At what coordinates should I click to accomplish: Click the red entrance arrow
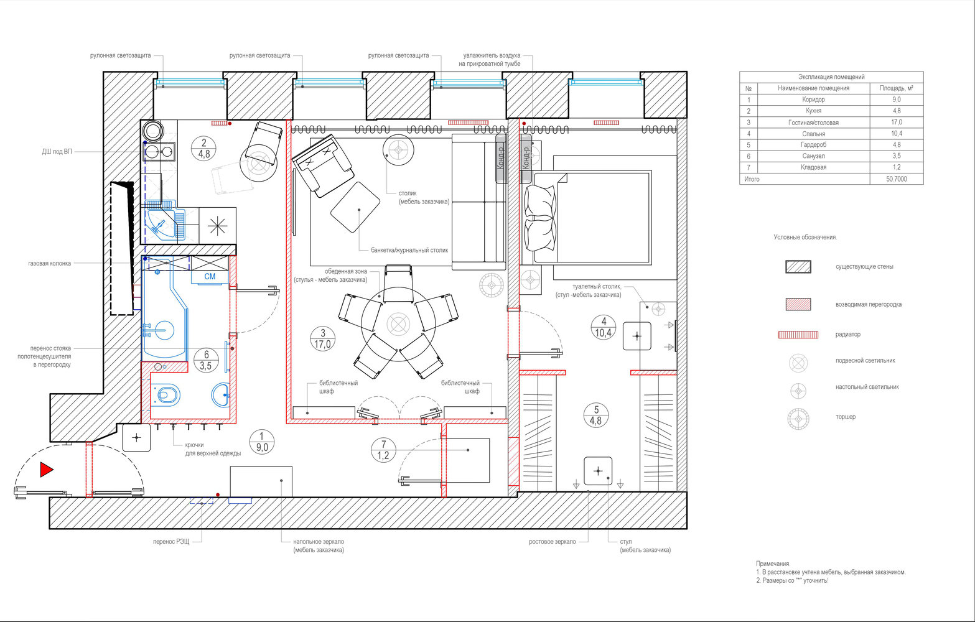pos(46,470)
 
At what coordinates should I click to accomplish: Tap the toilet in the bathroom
pos(166,395)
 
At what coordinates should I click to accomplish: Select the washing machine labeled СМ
pos(210,276)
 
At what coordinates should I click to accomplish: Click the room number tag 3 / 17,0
pos(322,339)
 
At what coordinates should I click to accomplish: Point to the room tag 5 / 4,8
pos(596,415)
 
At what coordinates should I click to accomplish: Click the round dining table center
pos(398,324)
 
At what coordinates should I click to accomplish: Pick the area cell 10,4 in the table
pos(896,134)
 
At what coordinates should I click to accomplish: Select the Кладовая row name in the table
pos(813,167)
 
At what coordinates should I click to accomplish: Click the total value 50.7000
pos(896,179)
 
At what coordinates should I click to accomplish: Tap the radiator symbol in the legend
pos(798,335)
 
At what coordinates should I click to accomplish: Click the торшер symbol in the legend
pos(798,419)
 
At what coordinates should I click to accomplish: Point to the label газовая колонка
pos(49,263)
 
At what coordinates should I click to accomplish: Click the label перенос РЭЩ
pos(171,542)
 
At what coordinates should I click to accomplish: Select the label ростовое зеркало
pos(552,542)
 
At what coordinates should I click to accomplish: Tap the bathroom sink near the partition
pos(221,395)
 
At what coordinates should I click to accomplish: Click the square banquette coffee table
pos(355,207)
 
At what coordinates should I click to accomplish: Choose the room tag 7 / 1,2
pos(383,450)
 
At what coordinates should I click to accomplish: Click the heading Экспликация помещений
pos(831,77)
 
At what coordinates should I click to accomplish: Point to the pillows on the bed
pos(541,218)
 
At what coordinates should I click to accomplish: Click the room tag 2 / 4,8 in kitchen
pos(203,149)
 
